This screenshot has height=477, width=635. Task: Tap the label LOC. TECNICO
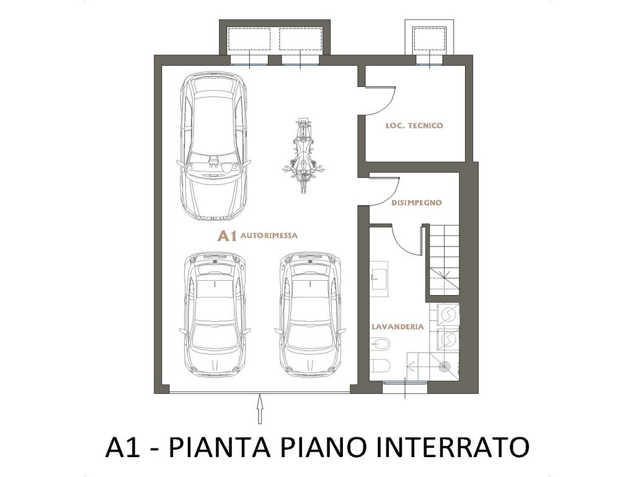tap(414, 125)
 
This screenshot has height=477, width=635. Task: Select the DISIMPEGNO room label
tap(416, 202)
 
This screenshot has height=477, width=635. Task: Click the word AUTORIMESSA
tap(269, 235)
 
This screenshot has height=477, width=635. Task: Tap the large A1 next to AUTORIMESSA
tap(227, 235)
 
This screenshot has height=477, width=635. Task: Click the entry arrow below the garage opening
tap(260, 409)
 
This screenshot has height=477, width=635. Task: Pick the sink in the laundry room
tap(379, 275)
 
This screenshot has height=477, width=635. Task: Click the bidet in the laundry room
tap(380, 345)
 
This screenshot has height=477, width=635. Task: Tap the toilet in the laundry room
tap(380, 366)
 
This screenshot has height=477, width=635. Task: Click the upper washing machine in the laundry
tap(448, 314)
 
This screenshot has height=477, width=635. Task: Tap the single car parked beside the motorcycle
tap(213, 147)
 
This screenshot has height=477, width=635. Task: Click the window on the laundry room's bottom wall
tap(405, 383)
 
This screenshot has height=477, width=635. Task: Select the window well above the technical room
tap(430, 39)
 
